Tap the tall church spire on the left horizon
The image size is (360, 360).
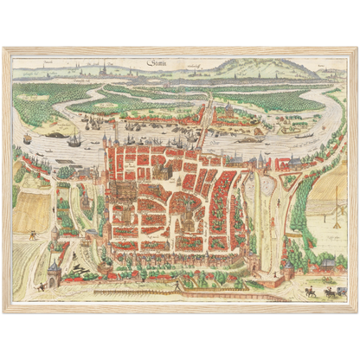(x=102, y=73)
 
